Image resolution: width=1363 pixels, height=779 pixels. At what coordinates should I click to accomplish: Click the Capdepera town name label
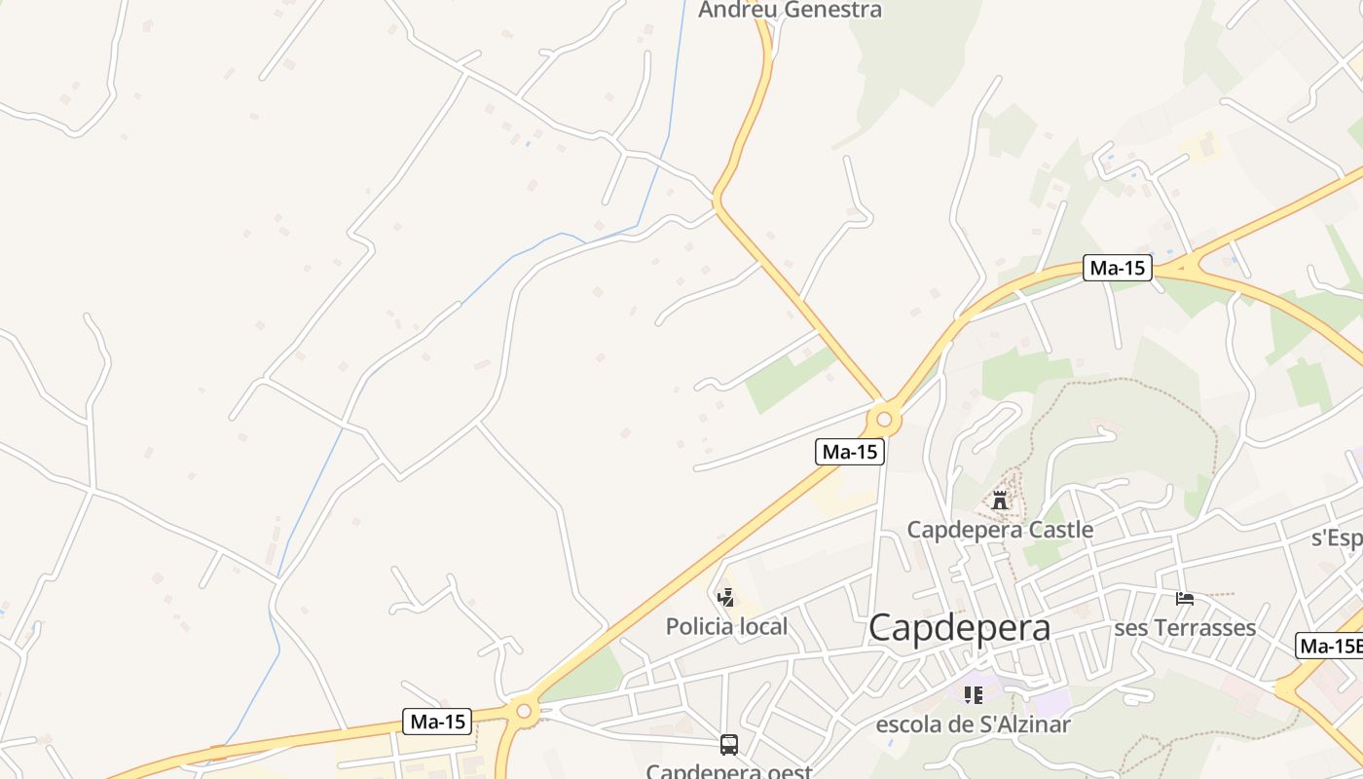pyautogui.click(x=959, y=628)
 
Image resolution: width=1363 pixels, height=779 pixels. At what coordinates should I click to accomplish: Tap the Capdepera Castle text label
pyautogui.click(x=1000, y=530)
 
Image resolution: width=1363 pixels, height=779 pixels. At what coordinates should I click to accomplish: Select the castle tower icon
pyautogui.click(x=999, y=501)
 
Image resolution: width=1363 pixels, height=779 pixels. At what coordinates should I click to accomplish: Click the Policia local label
pyautogui.click(x=726, y=626)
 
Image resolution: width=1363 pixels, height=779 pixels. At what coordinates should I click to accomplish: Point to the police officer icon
pyautogui.click(x=725, y=597)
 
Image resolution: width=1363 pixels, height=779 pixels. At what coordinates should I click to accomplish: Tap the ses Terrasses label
pyautogui.click(x=1185, y=628)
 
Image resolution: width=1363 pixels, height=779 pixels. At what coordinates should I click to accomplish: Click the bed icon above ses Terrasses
pyautogui.click(x=1185, y=598)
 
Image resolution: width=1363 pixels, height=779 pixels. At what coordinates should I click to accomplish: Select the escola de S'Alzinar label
pyautogui.click(x=973, y=724)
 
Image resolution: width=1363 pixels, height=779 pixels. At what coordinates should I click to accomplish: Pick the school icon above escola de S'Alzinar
pyautogui.click(x=973, y=695)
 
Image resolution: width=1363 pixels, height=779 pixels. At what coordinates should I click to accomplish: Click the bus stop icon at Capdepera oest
pyautogui.click(x=728, y=745)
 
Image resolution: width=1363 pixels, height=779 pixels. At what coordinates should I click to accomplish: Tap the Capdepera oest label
pyautogui.click(x=728, y=771)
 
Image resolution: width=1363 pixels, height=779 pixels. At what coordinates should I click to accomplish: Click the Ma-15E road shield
pyautogui.click(x=1330, y=646)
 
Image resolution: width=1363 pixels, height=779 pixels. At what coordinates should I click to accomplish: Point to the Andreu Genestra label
pyautogui.click(x=790, y=10)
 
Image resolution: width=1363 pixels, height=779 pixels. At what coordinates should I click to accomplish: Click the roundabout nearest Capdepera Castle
pyautogui.click(x=884, y=421)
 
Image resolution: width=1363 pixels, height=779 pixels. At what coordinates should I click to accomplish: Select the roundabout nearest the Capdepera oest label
pyautogui.click(x=524, y=711)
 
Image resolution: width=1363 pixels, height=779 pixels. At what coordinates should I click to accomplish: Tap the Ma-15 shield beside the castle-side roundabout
pyautogui.click(x=850, y=452)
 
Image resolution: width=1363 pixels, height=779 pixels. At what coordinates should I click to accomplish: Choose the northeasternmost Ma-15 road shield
pyautogui.click(x=1117, y=268)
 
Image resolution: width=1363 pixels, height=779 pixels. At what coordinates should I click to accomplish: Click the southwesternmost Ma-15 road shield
pyautogui.click(x=437, y=722)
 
